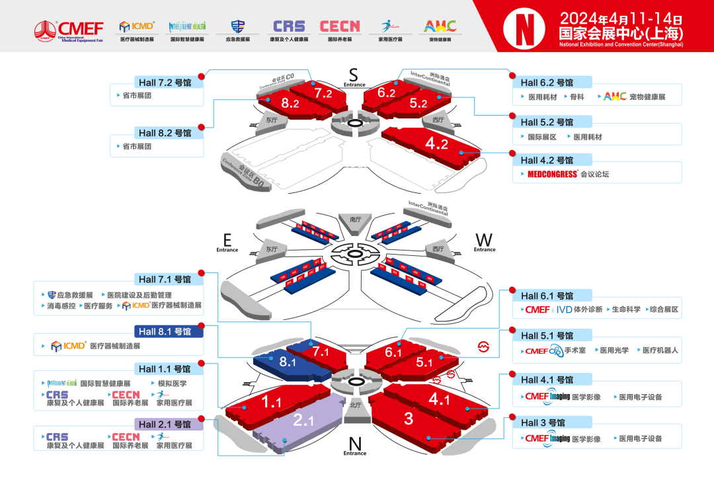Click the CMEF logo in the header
[x=69, y=29]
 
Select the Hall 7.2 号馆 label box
[x=165, y=83]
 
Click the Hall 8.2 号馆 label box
[x=165, y=133]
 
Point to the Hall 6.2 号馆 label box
[x=547, y=83]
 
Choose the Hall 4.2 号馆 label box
[x=547, y=160]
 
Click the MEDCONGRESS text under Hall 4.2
[x=553, y=175]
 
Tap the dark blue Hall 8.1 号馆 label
[x=165, y=331]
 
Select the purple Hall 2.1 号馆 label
[x=165, y=424]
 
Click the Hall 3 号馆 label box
[x=543, y=423]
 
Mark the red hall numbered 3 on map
[x=409, y=418]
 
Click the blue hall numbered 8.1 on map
[x=287, y=362]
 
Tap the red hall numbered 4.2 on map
[x=436, y=143]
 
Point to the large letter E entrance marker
[x=227, y=239]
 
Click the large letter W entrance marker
[x=484, y=239]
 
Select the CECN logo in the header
[x=340, y=26]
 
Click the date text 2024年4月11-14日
[x=620, y=17]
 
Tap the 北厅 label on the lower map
[x=355, y=405]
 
